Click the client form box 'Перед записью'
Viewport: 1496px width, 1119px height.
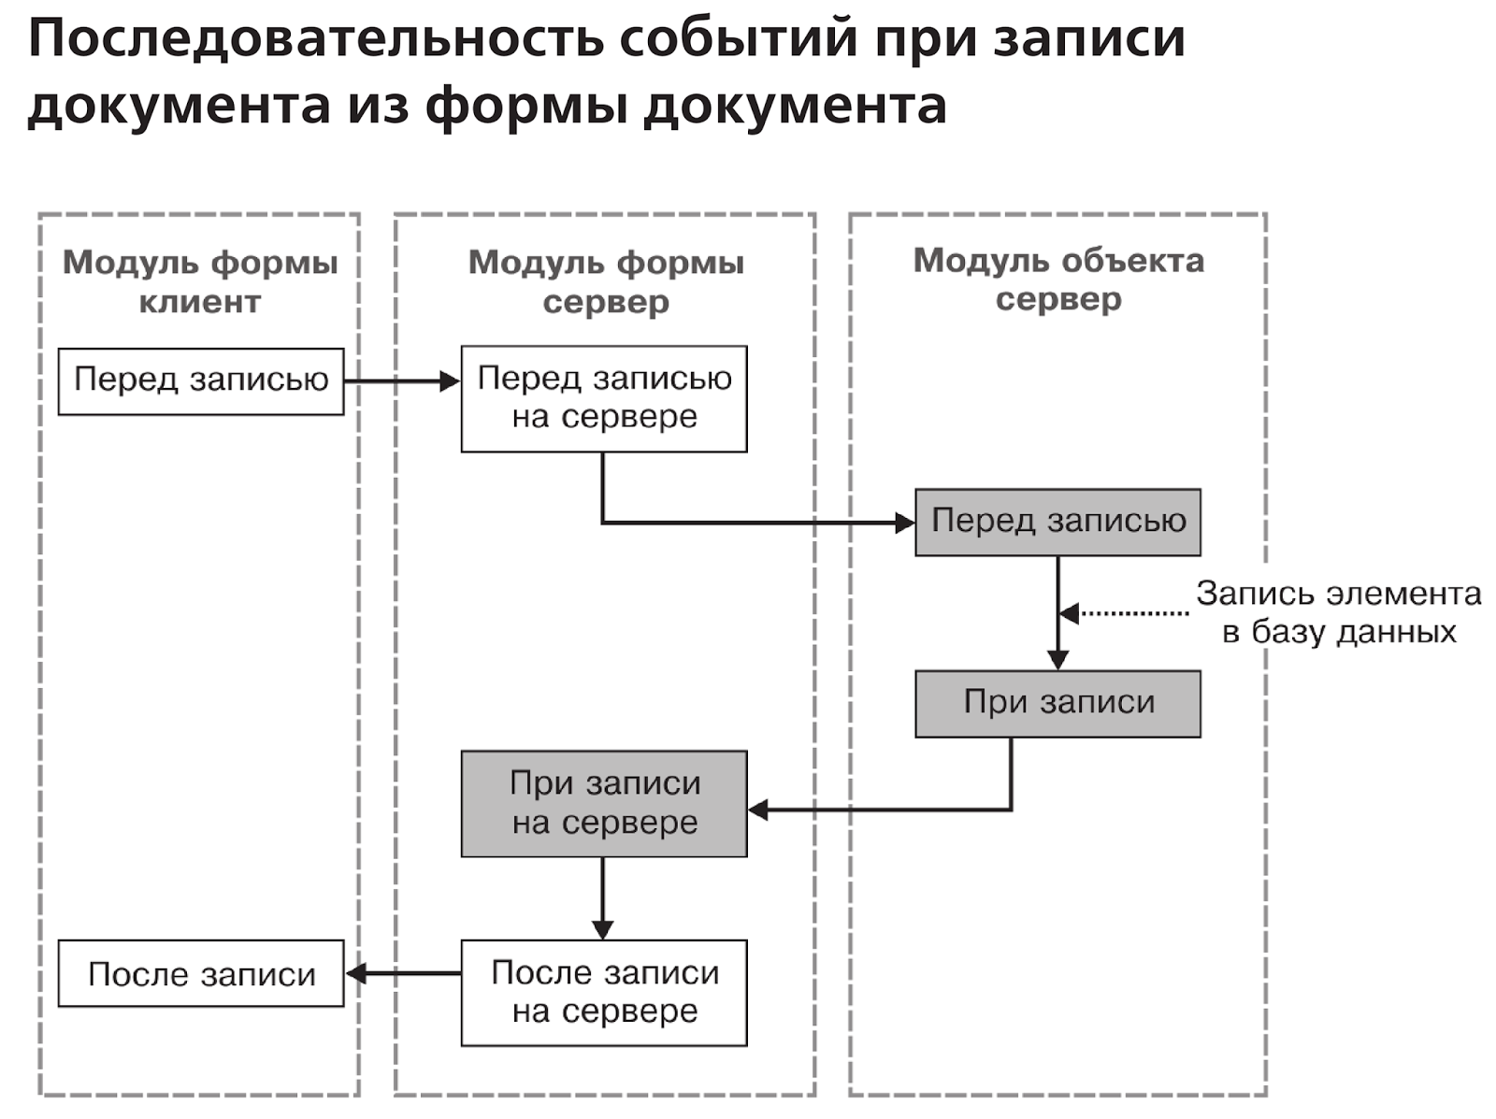(x=200, y=380)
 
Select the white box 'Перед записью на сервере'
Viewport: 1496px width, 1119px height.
(x=603, y=398)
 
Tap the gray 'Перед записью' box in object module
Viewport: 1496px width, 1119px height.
(x=1057, y=522)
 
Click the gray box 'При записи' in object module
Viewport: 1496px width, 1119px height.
(x=1057, y=703)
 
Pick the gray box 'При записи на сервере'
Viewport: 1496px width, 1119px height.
(x=603, y=803)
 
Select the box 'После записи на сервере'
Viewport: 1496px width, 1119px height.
(x=603, y=992)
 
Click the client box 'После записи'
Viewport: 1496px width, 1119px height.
(x=200, y=973)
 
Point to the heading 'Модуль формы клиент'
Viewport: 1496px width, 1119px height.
(x=199, y=281)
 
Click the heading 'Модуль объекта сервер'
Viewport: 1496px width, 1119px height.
(x=1057, y=279)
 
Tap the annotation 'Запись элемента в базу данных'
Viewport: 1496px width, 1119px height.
(x=1338, y=612)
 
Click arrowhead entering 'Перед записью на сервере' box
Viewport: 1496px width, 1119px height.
(x=450, y=381)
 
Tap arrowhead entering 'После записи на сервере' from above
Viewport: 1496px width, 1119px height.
(x=603, y=929)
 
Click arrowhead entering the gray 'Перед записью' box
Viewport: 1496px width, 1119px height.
(x=904, y=523)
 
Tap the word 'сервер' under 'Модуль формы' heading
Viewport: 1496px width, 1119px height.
(x=606, y=302)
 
